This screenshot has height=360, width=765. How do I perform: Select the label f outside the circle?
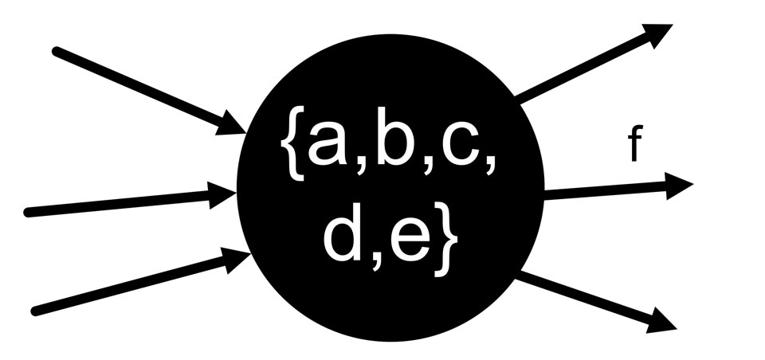635,147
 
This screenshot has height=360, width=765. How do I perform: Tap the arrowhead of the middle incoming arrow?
223,195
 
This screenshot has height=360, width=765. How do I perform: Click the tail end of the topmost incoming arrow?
56,51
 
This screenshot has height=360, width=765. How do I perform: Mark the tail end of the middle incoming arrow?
29,213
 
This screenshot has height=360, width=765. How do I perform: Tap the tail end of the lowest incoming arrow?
33,311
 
